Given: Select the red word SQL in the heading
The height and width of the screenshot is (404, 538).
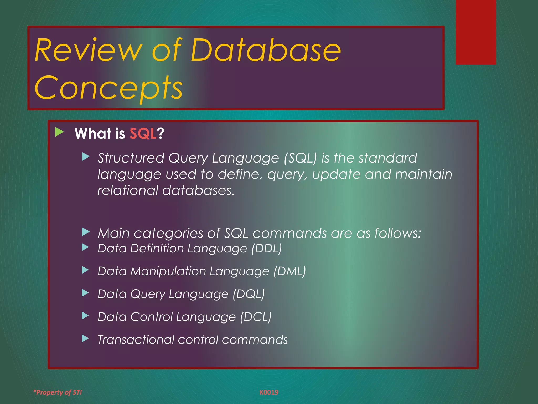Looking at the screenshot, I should coord(143,133).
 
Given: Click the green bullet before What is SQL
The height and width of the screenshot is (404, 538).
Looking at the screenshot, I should coord(59,132).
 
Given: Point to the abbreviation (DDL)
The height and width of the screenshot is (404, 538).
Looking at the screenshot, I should coord(266,248).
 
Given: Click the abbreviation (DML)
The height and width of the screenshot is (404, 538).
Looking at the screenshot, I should coord(289,271).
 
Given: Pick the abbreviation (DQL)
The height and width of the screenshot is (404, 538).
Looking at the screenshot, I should coord(249,294).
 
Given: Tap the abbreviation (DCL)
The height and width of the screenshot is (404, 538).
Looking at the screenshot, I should coord(256,317).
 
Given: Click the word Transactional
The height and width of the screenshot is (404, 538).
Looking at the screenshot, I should coord(136,340).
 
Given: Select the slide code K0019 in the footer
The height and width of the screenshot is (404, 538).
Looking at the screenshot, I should coord(269,392).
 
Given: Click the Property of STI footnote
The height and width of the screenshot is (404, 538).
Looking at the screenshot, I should coord(58,392).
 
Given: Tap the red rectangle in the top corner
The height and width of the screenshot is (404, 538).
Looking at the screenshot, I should coord(475,32).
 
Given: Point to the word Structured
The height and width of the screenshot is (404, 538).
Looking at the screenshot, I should coord(131,158).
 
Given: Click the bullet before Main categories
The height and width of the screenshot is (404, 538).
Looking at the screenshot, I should coord(86,232).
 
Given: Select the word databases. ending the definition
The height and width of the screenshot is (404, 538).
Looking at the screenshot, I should coord(198,190).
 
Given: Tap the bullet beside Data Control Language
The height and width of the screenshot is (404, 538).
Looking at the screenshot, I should coord(85,316).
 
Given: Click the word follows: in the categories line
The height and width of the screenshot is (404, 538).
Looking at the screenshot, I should coord(397,233).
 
